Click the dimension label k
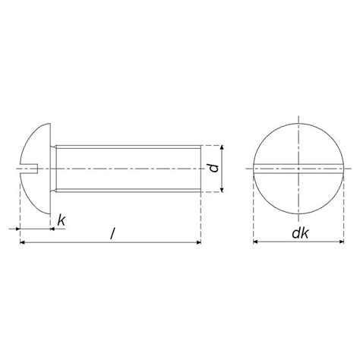(x=61, y=220)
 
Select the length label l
(x=112, y=233)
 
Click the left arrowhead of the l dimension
(x=21, y=242)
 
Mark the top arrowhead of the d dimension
(x=223, y=146)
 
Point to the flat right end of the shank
(x=201, y=168)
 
